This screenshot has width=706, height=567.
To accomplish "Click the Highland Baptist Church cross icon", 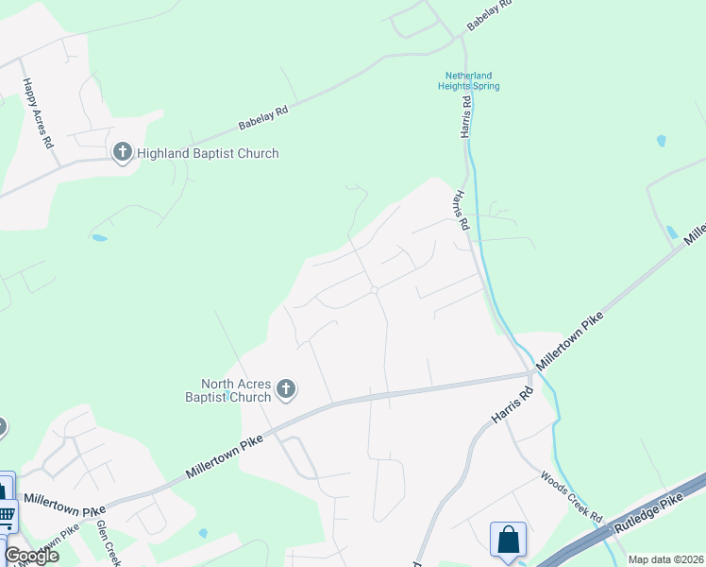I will coord(122,152).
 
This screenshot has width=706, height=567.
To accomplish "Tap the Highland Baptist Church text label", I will coord(208,153).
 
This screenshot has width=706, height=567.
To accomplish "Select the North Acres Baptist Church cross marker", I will coord(286,389).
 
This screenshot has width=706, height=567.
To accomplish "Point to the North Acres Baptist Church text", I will coord(236,390).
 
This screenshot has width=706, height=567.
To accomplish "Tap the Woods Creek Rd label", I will coord(571,498).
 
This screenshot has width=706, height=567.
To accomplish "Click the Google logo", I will coord(31,555).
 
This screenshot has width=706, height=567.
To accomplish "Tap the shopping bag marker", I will coord(508,540).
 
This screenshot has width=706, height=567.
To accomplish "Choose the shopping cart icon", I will coord(6,516).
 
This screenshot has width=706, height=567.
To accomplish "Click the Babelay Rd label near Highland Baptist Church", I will coord(262,117).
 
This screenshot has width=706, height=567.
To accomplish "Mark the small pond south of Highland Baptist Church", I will coord(99,237).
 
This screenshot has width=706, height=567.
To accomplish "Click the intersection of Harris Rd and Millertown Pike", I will coord(532,373).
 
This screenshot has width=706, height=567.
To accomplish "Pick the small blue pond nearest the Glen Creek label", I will coord(203,533).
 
